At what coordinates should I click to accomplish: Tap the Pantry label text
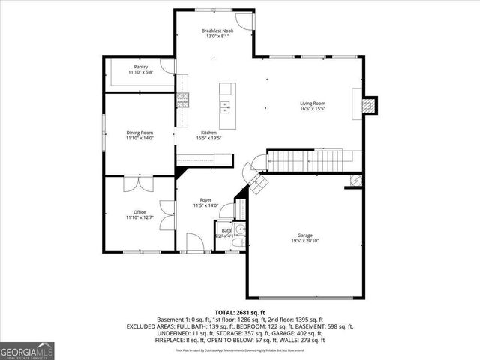(140, 67)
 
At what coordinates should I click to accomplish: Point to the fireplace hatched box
(367, 106)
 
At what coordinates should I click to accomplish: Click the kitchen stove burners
(181, 99)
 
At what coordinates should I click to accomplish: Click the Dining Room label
(139, 133)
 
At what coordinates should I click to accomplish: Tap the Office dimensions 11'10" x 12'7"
(139, 217)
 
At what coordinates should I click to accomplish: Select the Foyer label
(205, 199)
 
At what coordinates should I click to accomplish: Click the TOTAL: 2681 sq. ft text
(239, 312)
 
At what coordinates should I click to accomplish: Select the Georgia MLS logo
(26, 350)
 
